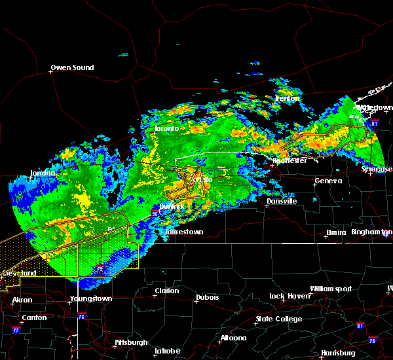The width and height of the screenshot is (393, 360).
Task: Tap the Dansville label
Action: pyautogui.click(x=282, y=201)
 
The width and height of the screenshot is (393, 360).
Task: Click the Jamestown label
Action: pyautogui.click(x=184, y=232)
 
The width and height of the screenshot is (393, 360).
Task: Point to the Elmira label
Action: pyautogui.click(x=336, y=233)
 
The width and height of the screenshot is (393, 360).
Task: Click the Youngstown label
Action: pyautogui.click(x=91, y=298)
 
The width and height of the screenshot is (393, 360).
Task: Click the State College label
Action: pyautogui.click(x=279, y=319)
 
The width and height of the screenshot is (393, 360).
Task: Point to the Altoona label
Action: pyautogui.click(x=233, y=338)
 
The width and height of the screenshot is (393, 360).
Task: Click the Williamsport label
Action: pyautogui.click(x=331, y=289)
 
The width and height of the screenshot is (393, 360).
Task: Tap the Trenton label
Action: pyautogui.click(x=287, y=98)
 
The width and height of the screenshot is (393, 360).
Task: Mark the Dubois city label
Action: pyautogui.click(x=207, y=298)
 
